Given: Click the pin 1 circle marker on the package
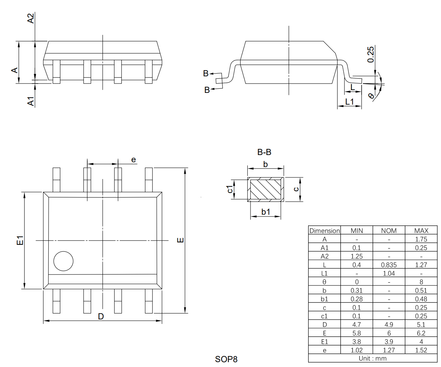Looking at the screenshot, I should pyautogui.click(x=63, y=261).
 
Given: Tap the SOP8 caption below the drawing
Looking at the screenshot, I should pyautogui.click(x=226, y=359).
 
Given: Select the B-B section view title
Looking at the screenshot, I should pyautogui.click(x=264, y=152).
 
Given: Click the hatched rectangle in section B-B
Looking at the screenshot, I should pyautogui.click(x=265, y=190).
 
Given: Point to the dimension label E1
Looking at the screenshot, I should pyautogui.click(x=20, y=240).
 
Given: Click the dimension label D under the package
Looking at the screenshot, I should pyautogui.click(x=101, y=316).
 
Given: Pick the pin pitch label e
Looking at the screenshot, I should pyautogui.click(x=134, y=160).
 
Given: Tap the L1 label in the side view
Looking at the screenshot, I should pyautogui.click(x=350, y=102).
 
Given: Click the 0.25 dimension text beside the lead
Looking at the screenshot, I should pyautogui.click(x=371, y=55).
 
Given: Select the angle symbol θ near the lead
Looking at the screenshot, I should pyautogui.click(x=371, y=96).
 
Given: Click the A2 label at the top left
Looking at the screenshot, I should pyautogui.click(x=31, y=18).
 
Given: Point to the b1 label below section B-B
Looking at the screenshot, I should pyautogui.click(x=265, y=212).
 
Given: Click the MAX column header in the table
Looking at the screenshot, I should pyautogui.click(x=421, y=231).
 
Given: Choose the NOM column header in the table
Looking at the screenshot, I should pyautogui.click(x=389, y=231).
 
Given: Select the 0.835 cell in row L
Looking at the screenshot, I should pyautogui.click(x=389, y=265).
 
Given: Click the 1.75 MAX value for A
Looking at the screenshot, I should pyautogui.click(x=421, y=239).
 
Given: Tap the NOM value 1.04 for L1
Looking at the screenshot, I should pyautogui.click(x=389, y=273).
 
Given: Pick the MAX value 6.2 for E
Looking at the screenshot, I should pyautogui.click(x=421, y=333).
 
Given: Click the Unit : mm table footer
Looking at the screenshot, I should pyautogui.click(x=373, y=358).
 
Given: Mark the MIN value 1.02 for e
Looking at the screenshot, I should pyautogui.click(x=356, y=350).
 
